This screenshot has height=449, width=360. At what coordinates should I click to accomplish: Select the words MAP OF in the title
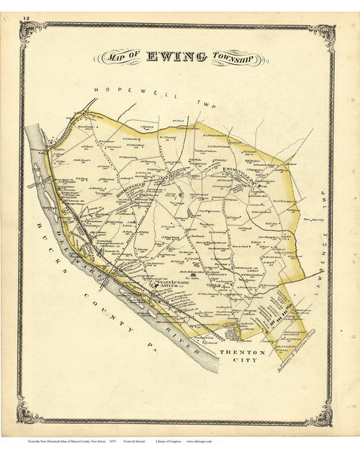(122, 59)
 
